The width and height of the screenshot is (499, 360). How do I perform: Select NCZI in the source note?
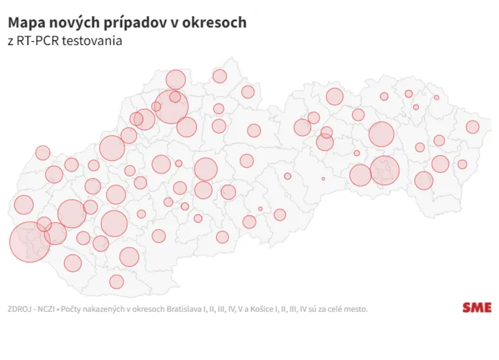pos(46,309)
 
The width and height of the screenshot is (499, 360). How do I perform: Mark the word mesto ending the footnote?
pos(356,309)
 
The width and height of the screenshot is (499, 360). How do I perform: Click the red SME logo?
pos(477,308)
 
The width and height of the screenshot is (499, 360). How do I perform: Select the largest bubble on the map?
pos(29,241)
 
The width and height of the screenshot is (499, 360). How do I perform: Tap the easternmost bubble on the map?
pos(472,127)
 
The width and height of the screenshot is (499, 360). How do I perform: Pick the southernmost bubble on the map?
pos(117,282)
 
